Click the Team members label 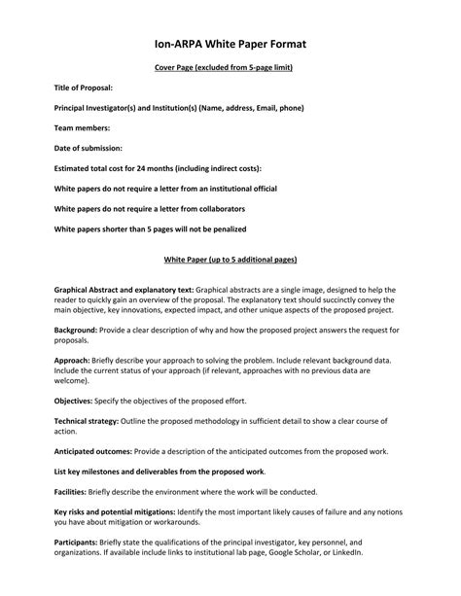pyautogui.click(x=82, y=127)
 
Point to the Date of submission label pyautogui.click(x=89, y=148)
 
